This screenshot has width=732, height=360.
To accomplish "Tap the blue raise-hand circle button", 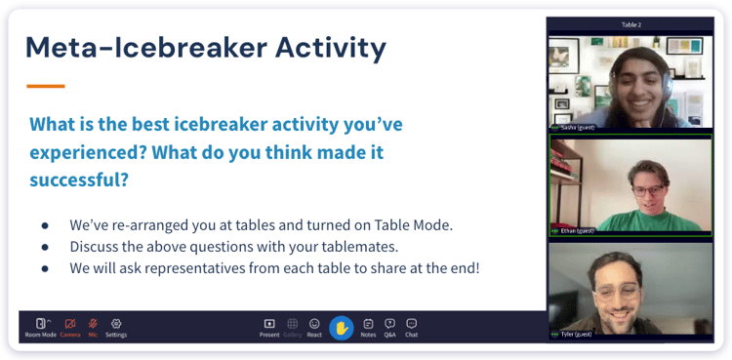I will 341,328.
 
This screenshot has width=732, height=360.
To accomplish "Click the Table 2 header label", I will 630,24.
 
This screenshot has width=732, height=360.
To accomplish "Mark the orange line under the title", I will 45,87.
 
